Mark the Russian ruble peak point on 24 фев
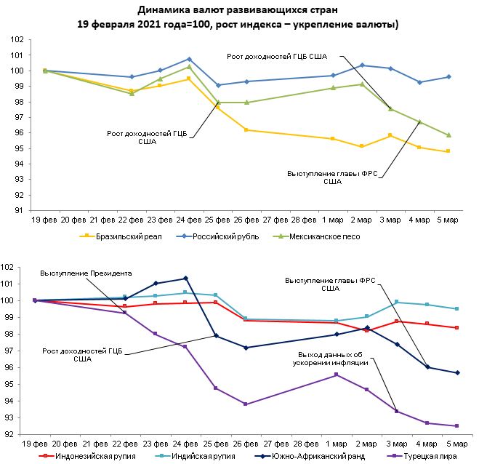point(189,59)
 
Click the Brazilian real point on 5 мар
point(448,151)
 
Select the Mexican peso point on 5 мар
point(448,135)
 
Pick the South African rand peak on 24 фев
point(186,278)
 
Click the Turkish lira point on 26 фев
point(246,404)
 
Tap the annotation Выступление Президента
point(86,273)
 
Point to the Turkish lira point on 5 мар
point(456,426)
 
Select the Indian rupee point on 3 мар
point(397,302)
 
